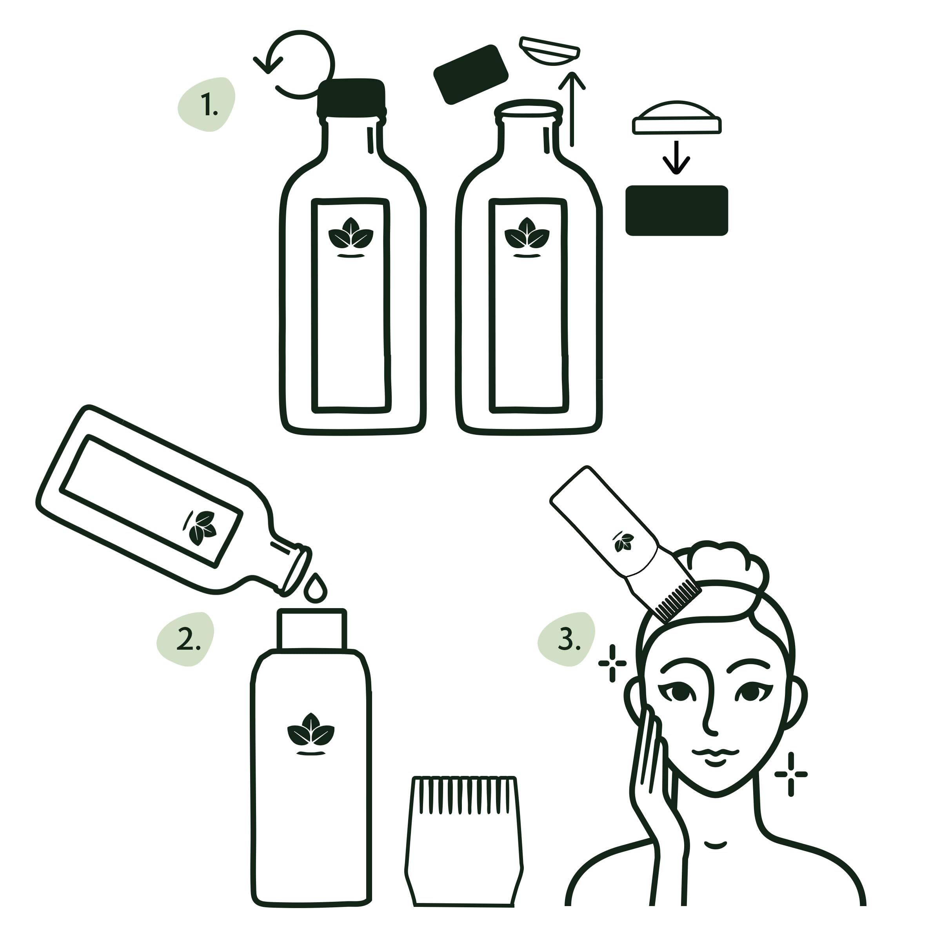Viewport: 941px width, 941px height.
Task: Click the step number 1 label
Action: [209, 105]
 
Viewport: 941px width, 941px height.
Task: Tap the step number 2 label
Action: [188, 639]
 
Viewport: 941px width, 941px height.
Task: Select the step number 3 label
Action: [569, 639]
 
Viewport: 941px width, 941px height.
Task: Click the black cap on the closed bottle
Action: [351, 97]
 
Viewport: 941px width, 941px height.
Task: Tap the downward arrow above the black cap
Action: [676, 157]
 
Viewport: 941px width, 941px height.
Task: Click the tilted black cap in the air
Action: [470, 74]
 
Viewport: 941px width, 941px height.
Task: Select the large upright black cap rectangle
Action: [676, 211]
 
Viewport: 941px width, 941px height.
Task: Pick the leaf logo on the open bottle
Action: [527, 237]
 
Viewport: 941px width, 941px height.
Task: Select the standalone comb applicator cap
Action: [464, 854]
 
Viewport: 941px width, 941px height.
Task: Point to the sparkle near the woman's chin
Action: [791, 774]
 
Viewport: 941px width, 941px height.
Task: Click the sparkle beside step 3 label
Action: [612, 663]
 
